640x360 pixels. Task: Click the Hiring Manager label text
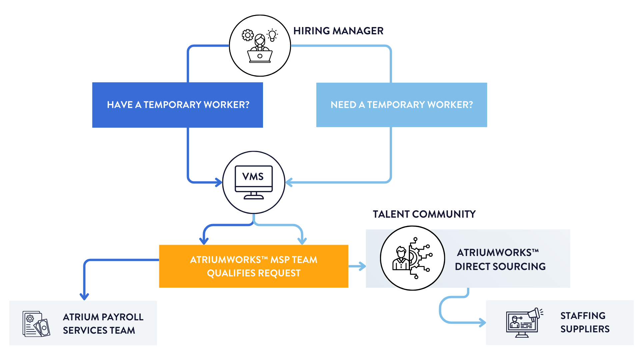pos(338,31)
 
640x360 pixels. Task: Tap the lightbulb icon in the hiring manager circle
pos(272,35)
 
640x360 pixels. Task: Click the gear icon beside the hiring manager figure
pos(248,35)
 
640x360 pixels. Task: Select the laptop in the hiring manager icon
pos(260,56)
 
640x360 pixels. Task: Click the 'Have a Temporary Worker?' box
pos(178,105)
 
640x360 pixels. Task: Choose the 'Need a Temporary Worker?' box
pos(401,105)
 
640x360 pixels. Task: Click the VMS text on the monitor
pos(253,177)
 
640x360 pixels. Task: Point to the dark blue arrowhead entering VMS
pos(219,182)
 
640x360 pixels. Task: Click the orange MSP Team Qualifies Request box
pos(254,266)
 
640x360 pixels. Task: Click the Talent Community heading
pos(424,214)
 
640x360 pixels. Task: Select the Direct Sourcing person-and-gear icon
pos(412,258)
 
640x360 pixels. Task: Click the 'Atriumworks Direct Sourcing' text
pos(500,259)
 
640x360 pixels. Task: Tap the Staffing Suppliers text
pos(585,322)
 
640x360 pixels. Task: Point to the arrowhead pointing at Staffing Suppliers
pos(482,322)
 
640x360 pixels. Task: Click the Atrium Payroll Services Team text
pos(103,323)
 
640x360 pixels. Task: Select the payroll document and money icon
pos(36,324)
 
